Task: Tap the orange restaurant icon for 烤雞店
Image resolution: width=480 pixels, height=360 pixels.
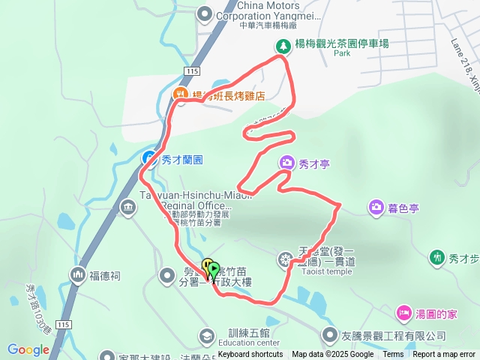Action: (x=180, y=94)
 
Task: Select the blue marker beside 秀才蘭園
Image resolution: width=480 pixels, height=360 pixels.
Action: (x=149, y=158)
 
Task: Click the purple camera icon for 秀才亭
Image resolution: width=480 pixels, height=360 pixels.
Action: (x=286, y=163)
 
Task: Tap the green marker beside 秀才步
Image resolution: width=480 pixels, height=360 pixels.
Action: (x=437, y=258)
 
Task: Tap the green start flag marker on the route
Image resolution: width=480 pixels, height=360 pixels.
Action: (x=214, y=268)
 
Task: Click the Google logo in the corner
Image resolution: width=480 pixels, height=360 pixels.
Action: (x=28, y=349)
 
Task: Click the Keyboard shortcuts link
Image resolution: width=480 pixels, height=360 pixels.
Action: (x=250, y=355)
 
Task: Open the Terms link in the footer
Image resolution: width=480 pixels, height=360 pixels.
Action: (x=393, y=355)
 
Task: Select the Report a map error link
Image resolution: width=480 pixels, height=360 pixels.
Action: (x=445, y=355)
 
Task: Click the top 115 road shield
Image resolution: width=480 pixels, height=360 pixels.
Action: (x=189, y=70)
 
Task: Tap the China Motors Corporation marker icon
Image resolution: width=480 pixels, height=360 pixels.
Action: (x=204, y=14)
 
